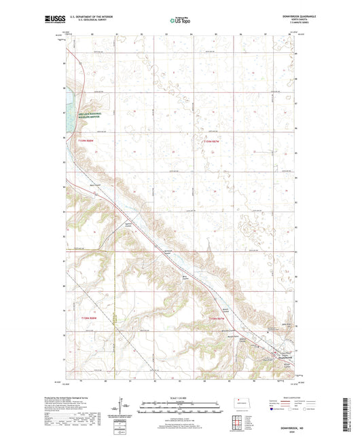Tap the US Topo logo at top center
point(180,22)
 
